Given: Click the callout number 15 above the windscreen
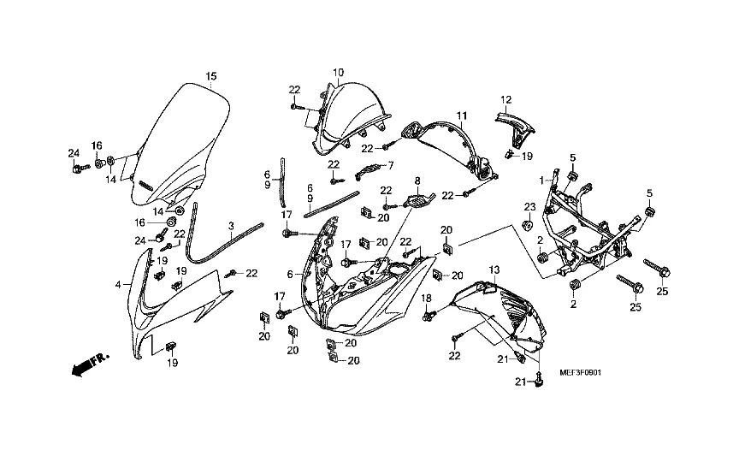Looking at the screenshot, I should (211, 77).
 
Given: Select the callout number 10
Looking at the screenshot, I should (339, 72).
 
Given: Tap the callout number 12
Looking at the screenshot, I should (506, 99).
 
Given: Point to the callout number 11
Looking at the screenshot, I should (461, 115).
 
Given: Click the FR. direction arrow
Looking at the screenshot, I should (85, 365).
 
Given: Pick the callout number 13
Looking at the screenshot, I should (494, 270).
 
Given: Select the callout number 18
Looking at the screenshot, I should (426, 298).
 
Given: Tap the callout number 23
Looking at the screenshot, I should (529, 206).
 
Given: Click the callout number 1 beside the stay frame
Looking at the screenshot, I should (541, 181).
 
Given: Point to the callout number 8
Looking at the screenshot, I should (418, 181).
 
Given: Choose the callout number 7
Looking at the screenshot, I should (391, 165).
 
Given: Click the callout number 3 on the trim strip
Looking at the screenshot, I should (231, 226).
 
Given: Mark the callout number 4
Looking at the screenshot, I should (118, 284).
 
